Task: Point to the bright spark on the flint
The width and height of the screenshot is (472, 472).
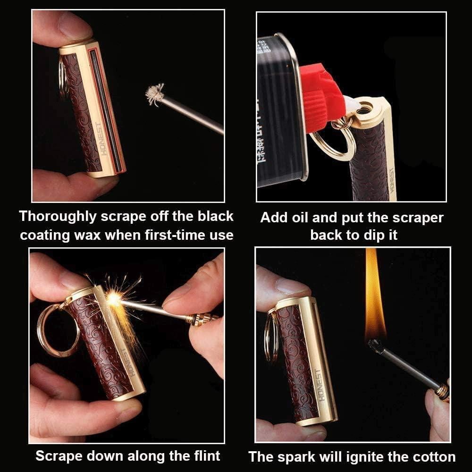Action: (113, 297)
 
